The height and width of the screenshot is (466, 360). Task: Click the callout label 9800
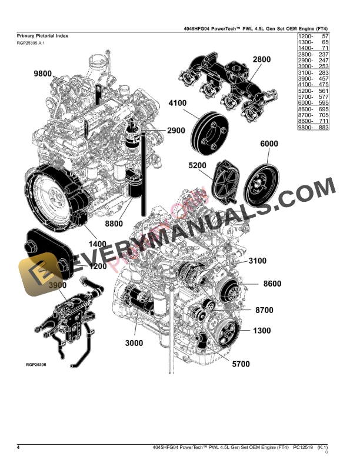coord(43,74)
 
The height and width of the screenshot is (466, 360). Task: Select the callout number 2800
coord(262,59)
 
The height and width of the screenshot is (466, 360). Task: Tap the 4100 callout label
coord(178,104)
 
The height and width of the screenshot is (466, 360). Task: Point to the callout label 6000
coord(269,144)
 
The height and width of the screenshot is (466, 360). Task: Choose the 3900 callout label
coord(58,285)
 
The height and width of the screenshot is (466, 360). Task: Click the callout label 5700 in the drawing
coord(241,364)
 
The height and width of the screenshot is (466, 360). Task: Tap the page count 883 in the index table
coord(322,127)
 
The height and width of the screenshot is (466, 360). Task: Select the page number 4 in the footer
coord(19,448)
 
